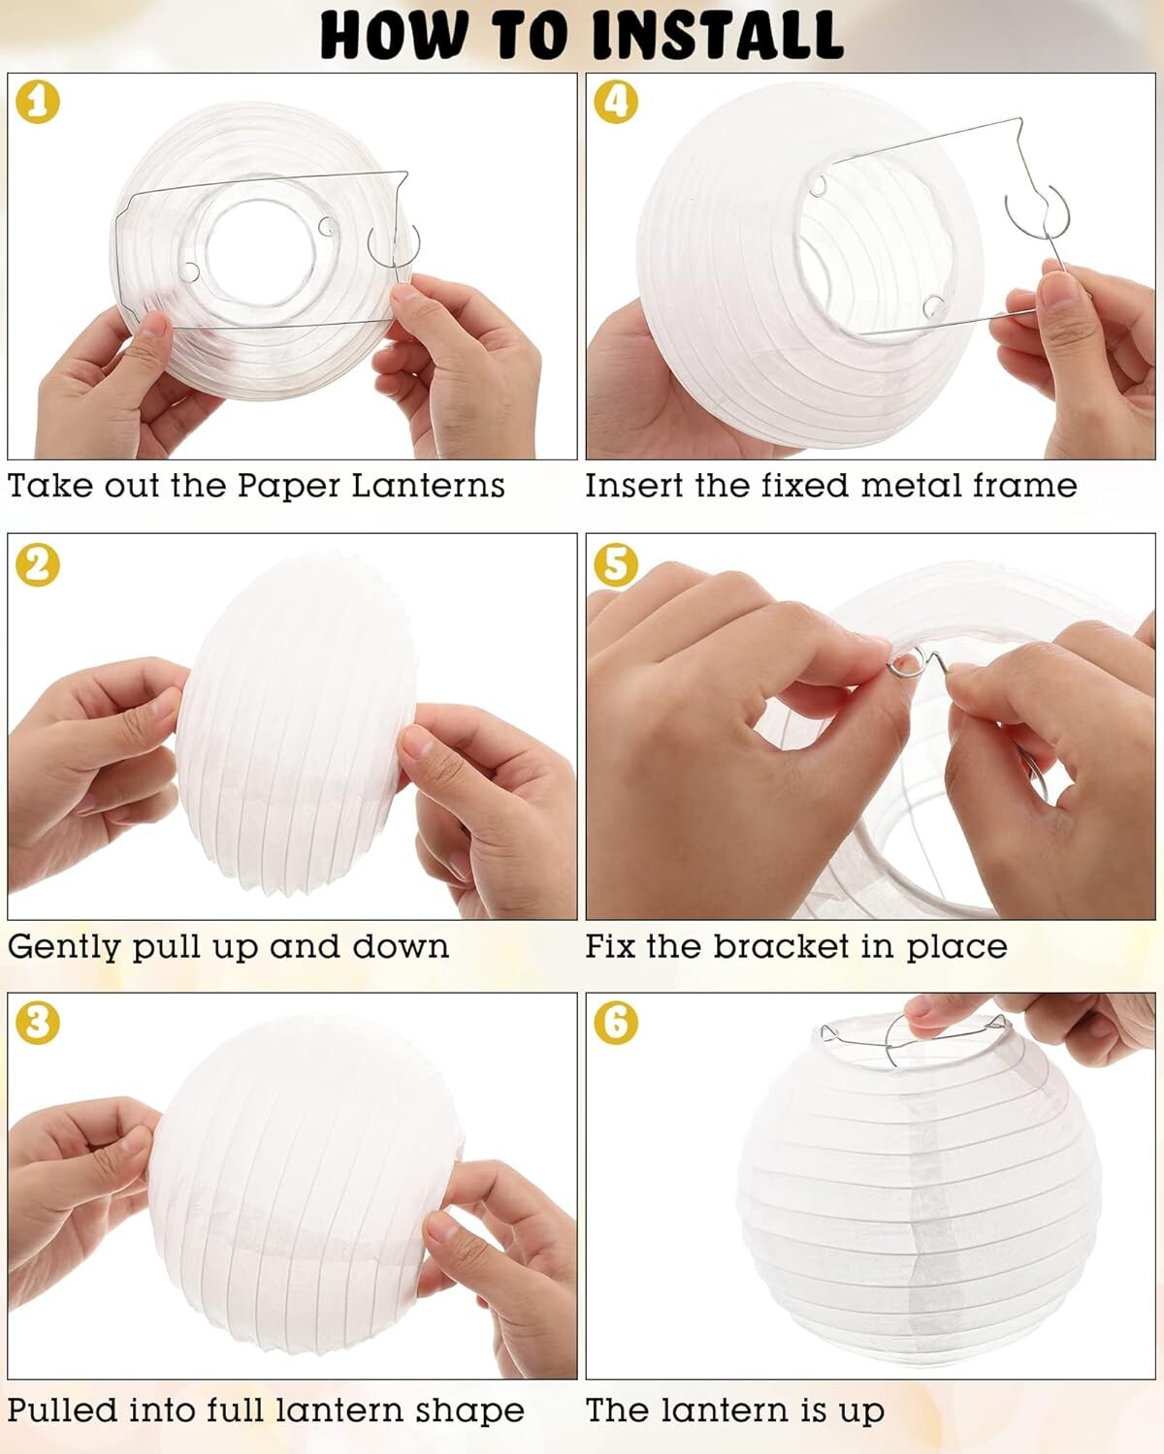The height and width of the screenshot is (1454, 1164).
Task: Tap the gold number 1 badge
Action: (x=37, y=102)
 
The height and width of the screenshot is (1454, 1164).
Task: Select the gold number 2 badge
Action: (x=37, y=564)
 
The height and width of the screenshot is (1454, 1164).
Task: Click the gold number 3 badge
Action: (x=37, y=1024)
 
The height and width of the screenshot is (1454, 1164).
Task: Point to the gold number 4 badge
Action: (x=615, y=102)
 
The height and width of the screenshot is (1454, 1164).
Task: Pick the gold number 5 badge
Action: (x=615, y=564)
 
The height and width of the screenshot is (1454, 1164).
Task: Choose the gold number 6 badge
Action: (x=615, y=1024)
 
